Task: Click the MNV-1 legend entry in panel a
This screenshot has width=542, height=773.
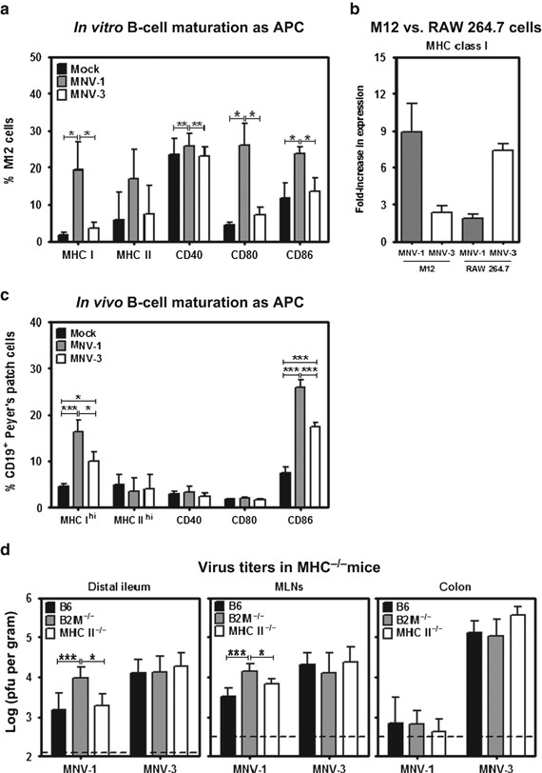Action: coord(89,79)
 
